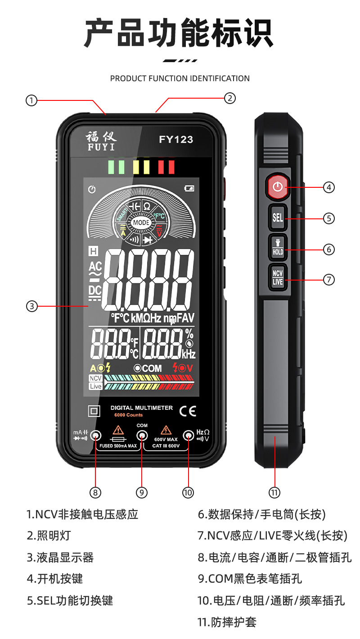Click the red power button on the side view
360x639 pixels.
tap(278, 186)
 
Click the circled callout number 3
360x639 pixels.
tap(31, 306)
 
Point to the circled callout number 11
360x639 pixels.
tap(274, 492)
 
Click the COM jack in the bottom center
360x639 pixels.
tap(142, 435)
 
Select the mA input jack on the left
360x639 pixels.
tap(95, 435)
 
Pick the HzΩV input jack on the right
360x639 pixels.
tap(188, 435)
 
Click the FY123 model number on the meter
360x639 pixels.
tap(176, 140)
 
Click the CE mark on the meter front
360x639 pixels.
tap(188, 411)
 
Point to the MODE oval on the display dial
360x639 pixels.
tap(141, 222)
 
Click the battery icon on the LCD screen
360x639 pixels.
tap(189, 189)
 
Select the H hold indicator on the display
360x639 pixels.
tap(94, 251)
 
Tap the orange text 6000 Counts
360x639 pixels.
tap(128, 415)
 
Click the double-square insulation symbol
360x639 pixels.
tap(94, 411)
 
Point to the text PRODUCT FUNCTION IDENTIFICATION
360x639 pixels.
tap(180, 78)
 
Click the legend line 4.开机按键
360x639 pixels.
tap(55, 579)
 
